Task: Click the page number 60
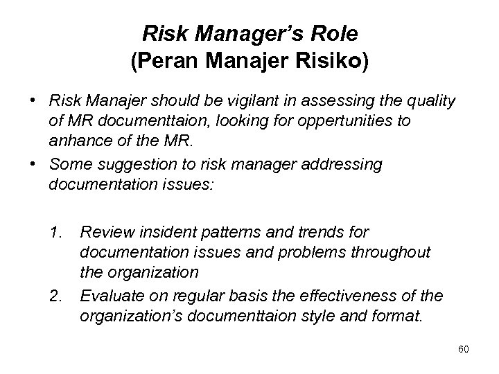(464, 349)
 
